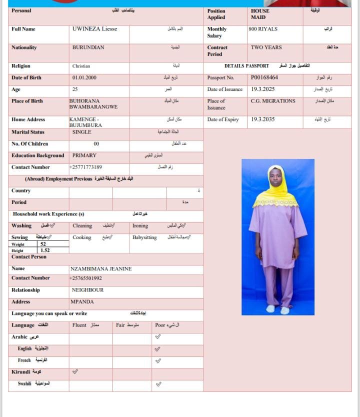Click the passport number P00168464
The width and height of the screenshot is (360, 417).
[x=264, y=78]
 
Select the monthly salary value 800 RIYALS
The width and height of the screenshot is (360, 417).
[x=262, y=29]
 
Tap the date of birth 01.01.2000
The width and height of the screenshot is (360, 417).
[x=84, y=78]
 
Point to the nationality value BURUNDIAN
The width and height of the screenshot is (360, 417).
[x=88, y=47]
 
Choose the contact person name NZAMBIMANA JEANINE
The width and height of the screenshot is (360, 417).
[x=100, y=269]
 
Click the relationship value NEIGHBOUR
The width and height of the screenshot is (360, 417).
[x=87, y=290]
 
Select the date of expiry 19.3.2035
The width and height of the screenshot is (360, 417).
[x=262, y=119]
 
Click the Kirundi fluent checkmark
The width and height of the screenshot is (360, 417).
[x=75, y=372]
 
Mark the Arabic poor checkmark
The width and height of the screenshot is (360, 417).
[x=158, y=337]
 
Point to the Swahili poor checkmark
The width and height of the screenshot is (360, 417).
[x=158, y=384]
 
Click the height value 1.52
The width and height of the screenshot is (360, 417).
[x=45, y=250]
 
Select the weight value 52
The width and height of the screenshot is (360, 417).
[x=43, y=244]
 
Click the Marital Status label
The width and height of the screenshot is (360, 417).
[x=28, y=132]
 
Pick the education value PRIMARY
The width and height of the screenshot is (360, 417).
[x=84, y=155]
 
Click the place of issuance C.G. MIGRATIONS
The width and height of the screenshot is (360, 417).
[x=273, y=101]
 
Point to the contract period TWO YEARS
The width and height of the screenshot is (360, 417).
[x=266, y=47]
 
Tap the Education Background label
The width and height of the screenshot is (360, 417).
[x=38, y=155]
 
